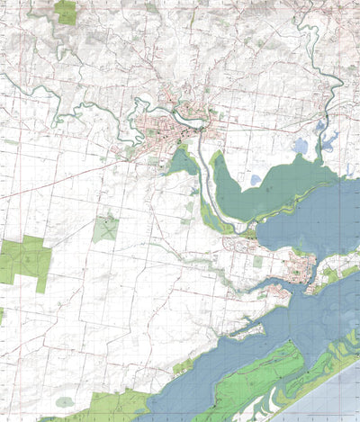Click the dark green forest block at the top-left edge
(x=65, y=12)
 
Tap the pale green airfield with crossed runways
(x=105, y=229)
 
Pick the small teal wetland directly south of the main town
(x=183, y=162)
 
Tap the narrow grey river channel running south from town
(x=207, y=193)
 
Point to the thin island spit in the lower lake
(x=243, y=332)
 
